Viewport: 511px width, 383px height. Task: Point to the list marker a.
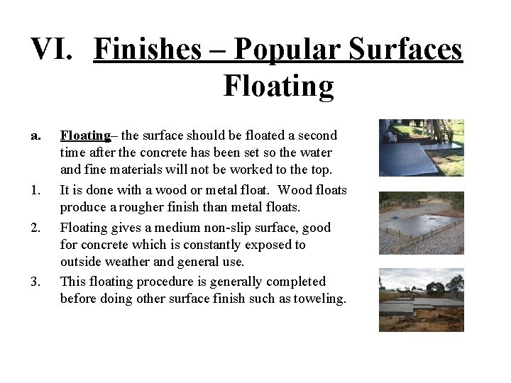[x=38, y=135]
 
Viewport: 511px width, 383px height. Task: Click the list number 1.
[x=37, y=190]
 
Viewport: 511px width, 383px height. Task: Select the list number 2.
[x=37, y=228]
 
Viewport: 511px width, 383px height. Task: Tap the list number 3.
[x=37, y=282]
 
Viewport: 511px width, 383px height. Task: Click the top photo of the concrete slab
[x=421, y=148]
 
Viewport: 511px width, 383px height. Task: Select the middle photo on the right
[x=421, y=223]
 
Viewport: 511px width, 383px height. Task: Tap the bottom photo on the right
[x=421, y=299]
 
